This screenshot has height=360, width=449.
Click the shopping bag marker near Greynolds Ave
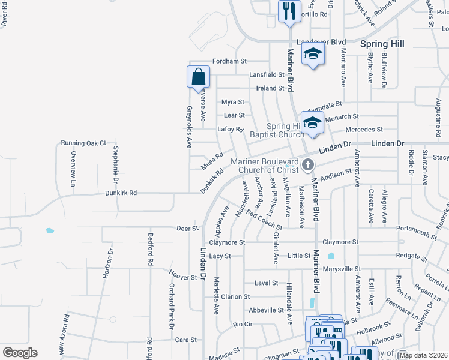click(198, 77)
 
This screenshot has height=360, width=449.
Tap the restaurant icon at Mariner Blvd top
click(289, 11)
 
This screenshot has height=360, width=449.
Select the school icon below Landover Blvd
click(312, 54)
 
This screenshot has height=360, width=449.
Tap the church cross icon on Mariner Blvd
click(307, 164)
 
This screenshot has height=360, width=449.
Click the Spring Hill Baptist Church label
click(286, 130)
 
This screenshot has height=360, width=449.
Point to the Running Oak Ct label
click(83, 143)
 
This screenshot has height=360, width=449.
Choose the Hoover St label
click(183, 278)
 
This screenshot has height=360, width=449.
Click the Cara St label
click(182, 340)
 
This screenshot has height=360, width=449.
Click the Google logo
click(20, 353)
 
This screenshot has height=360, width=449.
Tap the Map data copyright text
click(423, 355)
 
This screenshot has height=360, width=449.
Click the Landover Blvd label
click(322, 42)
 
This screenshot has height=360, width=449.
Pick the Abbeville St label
click(267, 310)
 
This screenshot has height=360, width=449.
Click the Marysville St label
click(341, 269)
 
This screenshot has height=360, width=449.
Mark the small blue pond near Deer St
click(49, 230)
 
